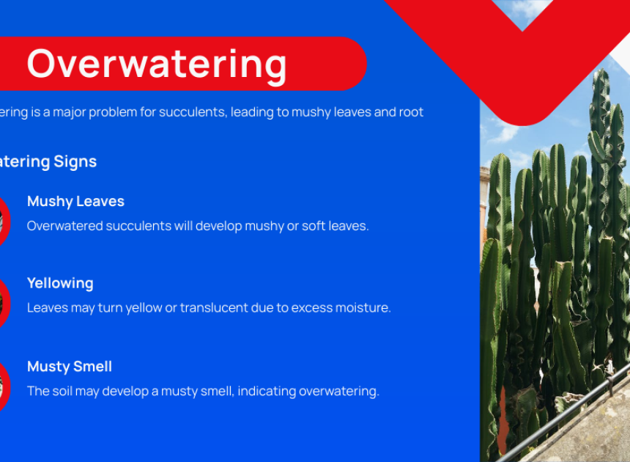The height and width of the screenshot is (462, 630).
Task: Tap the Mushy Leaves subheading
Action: (75, 202)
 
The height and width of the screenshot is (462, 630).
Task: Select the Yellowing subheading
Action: (60, 284)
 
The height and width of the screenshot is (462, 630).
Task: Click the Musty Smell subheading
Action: (70, 367)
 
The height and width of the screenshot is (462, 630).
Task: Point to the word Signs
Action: (75, 162)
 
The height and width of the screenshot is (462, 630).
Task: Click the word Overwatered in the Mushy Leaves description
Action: (65, 226)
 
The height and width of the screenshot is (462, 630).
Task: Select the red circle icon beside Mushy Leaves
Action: (4, 221)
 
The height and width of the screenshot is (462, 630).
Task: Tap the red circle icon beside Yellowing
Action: (4, 303)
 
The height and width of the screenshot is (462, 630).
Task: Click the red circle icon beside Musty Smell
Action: (4, 386)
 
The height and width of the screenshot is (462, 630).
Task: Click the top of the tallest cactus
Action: (601, 71)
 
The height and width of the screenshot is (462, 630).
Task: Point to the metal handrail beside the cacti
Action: (563, 419)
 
